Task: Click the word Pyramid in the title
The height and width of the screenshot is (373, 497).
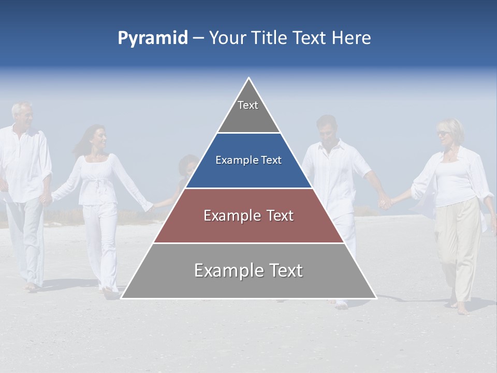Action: coord(152,38)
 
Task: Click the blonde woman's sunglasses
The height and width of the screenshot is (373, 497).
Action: coord(443,133)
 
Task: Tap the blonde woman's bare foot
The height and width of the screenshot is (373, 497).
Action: coord(462,310)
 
